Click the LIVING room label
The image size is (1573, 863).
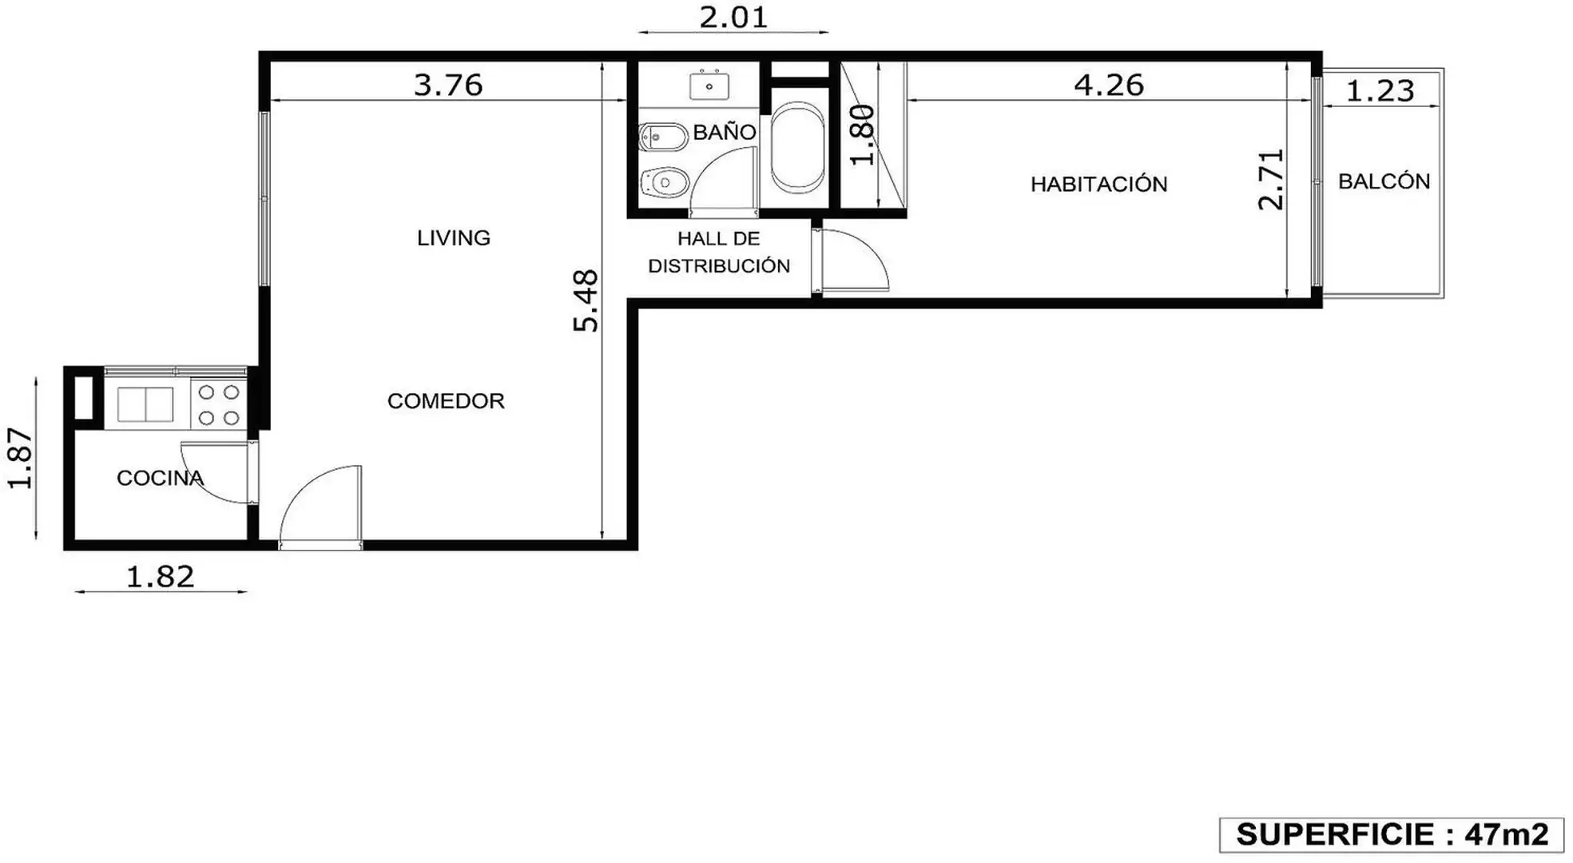[x=453, y=237]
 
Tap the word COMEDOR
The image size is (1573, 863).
[x=446, y=400]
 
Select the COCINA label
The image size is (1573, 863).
[x=160, y=478]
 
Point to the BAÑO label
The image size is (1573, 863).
[x=724, y=131]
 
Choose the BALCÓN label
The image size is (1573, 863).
[x=1384, y=181]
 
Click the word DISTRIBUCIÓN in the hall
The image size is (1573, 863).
[x=718, y=265]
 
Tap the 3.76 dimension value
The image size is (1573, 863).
[x=448, y=85]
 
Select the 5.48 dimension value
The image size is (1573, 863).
[x=586, y=300]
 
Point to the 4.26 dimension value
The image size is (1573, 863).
[x=1108, y=85]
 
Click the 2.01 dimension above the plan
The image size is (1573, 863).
[x=733, y=17]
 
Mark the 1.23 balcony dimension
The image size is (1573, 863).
[x=1380, y=90]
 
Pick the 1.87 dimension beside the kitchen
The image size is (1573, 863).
[x=21, y=458]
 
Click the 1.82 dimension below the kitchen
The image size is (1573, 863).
[x=160, y=576]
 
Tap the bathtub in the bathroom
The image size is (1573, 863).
[x=797, y=147]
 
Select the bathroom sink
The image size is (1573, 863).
[x=709, y=85]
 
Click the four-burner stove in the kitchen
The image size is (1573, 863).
[x=219, y=404]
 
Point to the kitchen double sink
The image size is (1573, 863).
[x=145, y=404]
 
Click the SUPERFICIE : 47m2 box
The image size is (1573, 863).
[x=1391, y=835]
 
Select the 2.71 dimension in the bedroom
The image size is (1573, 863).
[x=1270, y=180]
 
